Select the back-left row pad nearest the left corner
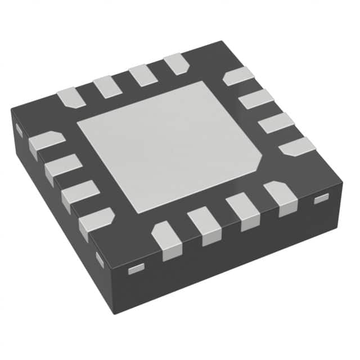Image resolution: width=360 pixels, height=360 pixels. (71, 96)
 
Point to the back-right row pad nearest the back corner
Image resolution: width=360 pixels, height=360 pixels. (238, 75)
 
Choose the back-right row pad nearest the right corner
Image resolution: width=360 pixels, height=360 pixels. (297, 146)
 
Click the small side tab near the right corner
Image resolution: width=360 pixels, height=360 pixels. (321, 199)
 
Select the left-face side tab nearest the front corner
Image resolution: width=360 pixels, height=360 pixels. (100, 259)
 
